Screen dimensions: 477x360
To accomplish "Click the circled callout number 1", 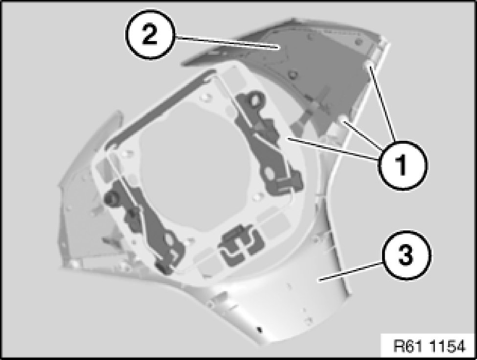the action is (403, 165).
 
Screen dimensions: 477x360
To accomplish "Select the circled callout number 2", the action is (150, 35).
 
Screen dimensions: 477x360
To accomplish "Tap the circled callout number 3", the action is (407, 256).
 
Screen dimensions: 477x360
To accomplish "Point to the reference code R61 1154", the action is (429, 346).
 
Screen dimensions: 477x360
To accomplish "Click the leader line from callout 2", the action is (227, 42).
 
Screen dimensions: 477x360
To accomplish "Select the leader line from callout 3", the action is (349, 273).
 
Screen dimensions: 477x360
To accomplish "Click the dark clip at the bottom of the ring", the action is (240, 245).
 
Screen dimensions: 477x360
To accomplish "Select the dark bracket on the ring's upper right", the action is (265, 143).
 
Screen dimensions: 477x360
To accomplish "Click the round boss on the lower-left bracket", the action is (112, 198).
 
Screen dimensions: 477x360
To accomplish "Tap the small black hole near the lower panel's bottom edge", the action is (259, 329).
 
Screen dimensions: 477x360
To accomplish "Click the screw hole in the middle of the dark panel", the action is (293, 74).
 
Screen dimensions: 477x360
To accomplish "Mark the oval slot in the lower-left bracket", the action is (169, 240).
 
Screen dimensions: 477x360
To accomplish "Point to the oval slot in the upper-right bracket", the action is (269, 173).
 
